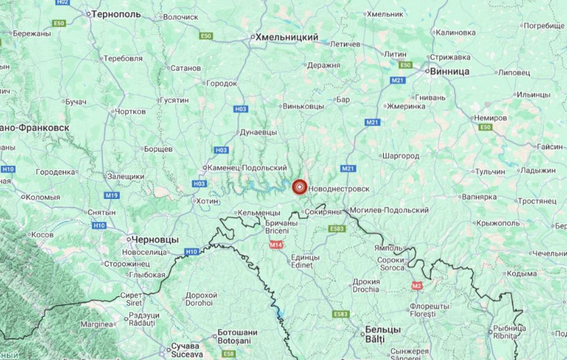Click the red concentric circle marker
pyautogui.click(x=299, y=187)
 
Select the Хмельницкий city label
pyautogui.click(x=283, y=39)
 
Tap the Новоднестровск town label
pyautogui.click(x=342, y=187)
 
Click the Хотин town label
pyautogui.click(x=206, y=201)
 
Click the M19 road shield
pyautogui.click(x=112, y=195)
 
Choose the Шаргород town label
pyautogui.click(x=401, y=156)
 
